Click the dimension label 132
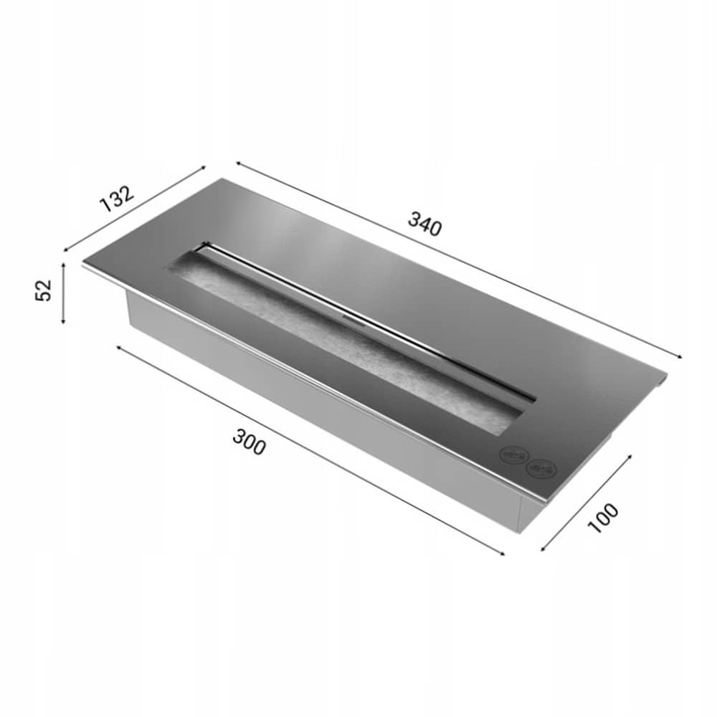(116, 198)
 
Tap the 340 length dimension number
(425, 224)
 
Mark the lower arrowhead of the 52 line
(64, 322)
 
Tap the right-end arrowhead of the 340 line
(679, 356)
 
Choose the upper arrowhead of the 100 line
(630, 455)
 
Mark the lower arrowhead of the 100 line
(542, 551)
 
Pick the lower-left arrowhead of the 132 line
(65, 250)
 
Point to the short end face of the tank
(532, 513)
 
